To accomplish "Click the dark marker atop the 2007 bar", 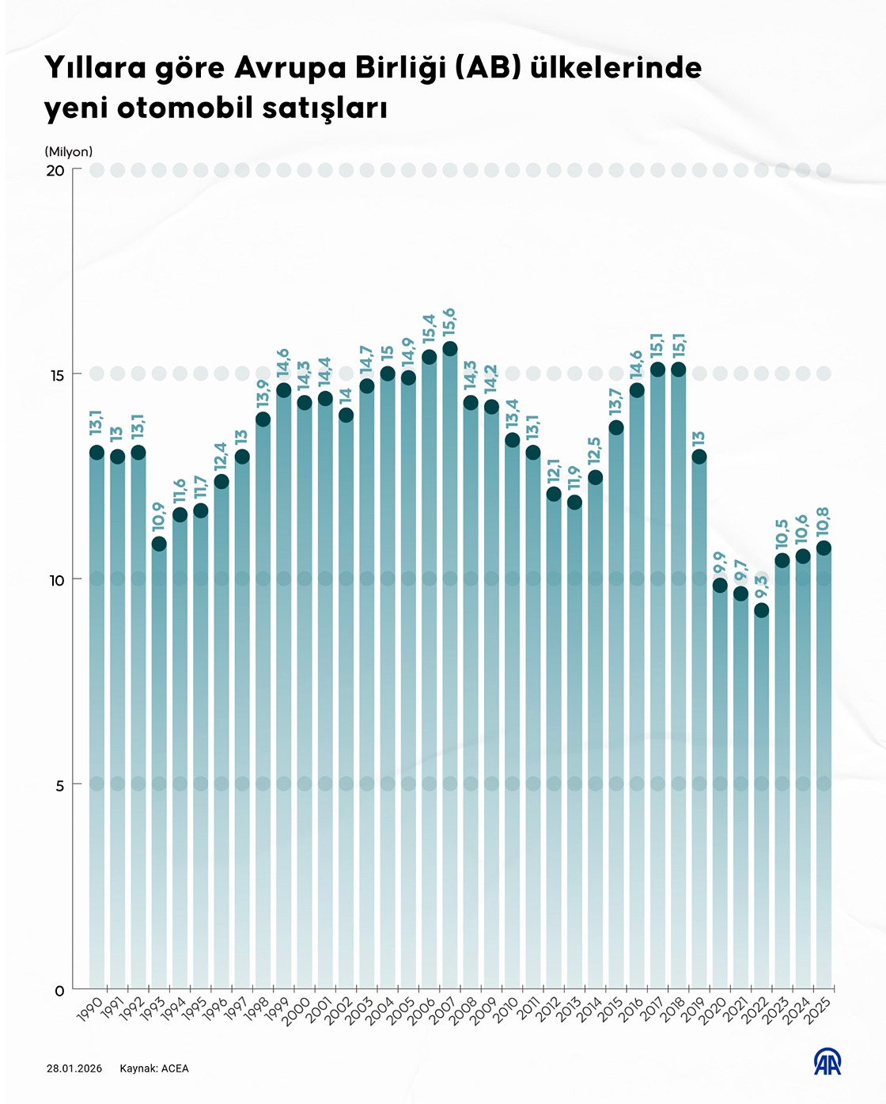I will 450,349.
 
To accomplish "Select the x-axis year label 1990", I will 90,1011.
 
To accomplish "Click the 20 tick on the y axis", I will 55,171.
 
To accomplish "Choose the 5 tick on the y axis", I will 59,784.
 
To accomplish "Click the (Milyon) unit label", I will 69,151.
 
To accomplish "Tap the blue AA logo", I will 827,1062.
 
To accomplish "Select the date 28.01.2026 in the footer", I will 74,1068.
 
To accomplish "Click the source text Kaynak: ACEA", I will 154,1068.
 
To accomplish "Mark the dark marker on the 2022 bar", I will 762,610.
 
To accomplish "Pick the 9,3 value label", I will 761,587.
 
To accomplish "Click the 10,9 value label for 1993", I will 159,516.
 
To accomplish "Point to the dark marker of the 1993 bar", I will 159,544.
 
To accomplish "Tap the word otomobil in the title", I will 184,108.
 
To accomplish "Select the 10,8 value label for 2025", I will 824,522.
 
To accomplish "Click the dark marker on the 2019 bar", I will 699,457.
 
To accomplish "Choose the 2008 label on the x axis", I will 464,1011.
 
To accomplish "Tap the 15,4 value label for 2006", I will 429,329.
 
